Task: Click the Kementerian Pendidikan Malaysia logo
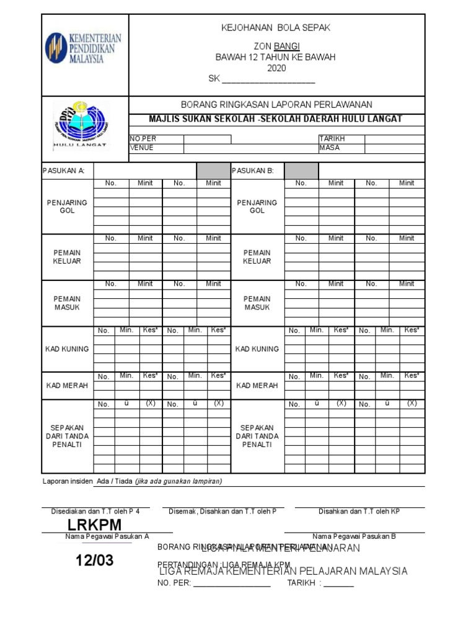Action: pyautogui.click(x=83, y=48)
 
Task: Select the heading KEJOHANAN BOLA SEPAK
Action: pyautogui.click(x=276, y=28)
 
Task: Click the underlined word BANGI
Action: pyautogui.click(x=287, y=47)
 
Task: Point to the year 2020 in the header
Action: pyautogui.click(x=276, y=68)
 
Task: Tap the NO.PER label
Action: pyautogui.click(x=143, y=139)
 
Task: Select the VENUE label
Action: pyautogui.click(x=141, y=148)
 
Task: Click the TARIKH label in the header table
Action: pyautogui.click(x=332, y=139)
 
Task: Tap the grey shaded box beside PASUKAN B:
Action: pyautogui.click(x=301, y=171)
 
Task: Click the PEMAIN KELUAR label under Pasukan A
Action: pyautogui.click(x=67, y=257)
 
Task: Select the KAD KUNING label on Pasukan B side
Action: pyautogui.click(x=257, y=349)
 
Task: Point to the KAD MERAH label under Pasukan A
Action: pyautogui.click(x=67, y=386)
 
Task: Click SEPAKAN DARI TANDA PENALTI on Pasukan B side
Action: pyautogui.click(x=257, y=436)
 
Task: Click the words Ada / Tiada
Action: pyautogui.click(x=114, y=481)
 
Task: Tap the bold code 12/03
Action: pyautogui.click(x=95, y=561)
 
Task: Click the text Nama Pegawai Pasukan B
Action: pyautogui.click(x=354, y=536)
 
